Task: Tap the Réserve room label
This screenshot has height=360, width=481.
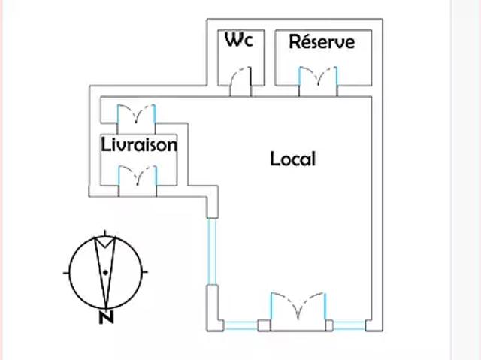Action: [321, 42]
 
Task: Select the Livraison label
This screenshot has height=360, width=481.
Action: [139, 144]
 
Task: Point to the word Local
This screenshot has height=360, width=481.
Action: [292, 159]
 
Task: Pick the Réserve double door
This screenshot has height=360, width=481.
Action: [318, 81]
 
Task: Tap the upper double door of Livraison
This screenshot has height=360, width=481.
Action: [137, 114]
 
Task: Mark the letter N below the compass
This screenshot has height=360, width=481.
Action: [106, 317]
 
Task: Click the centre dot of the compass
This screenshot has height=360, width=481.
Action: [106, 271]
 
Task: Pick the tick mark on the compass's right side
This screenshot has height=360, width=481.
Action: [146, 271]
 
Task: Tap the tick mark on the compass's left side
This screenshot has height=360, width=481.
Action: [66, 271]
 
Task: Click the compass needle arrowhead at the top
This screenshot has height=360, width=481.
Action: [106, 242]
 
